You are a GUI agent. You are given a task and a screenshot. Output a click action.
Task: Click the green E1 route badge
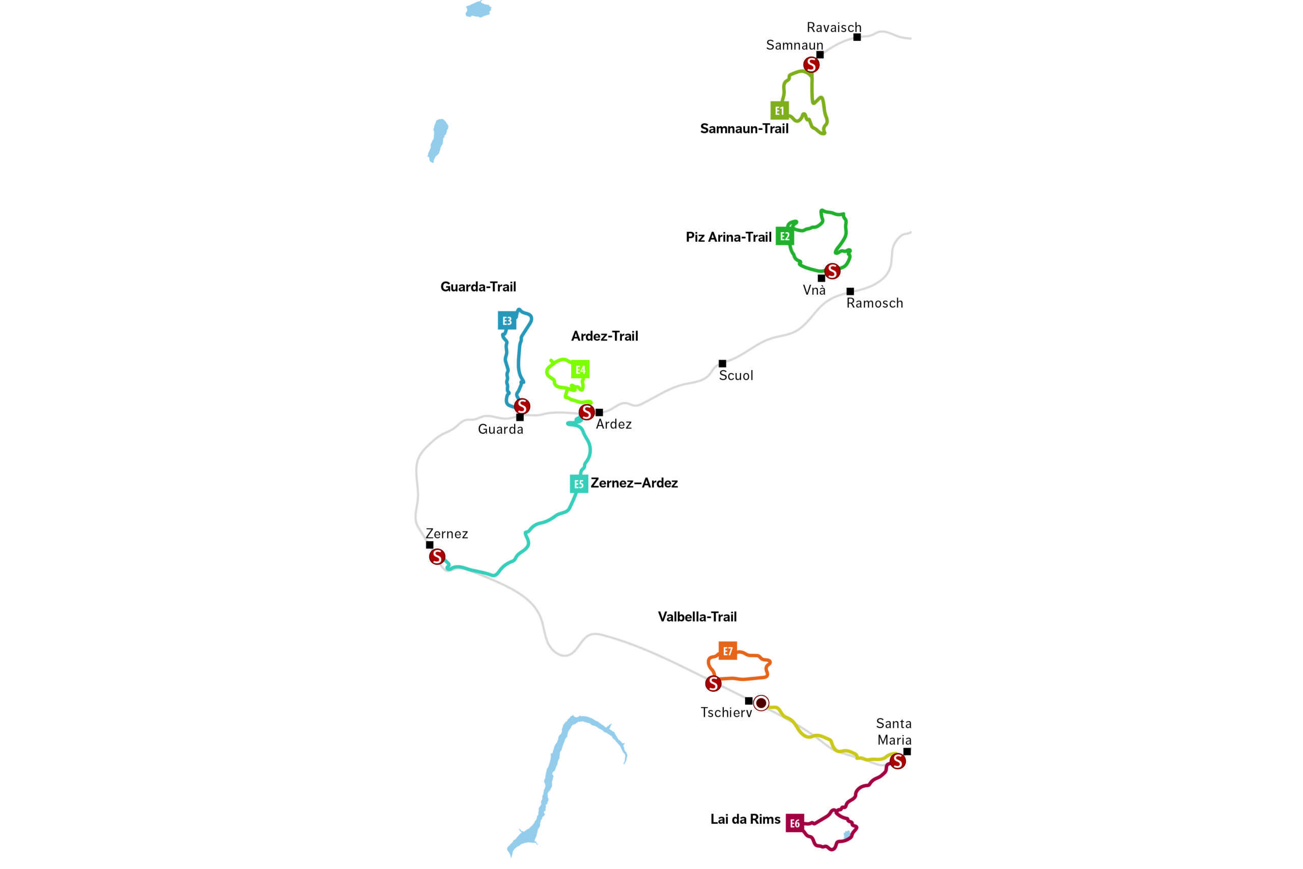779,111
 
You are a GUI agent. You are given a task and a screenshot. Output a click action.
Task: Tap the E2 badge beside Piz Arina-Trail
784,237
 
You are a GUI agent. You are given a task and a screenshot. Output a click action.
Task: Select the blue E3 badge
507,320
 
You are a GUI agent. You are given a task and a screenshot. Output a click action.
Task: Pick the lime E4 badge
580,370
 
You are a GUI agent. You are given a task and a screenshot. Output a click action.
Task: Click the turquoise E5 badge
579,484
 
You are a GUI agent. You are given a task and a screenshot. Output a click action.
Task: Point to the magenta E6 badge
795,824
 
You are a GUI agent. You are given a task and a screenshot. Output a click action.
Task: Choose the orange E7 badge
727,651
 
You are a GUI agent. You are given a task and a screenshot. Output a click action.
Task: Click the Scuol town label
735,376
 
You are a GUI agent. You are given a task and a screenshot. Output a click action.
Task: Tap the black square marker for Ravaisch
857,37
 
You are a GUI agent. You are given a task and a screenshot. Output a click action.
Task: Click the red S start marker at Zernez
437,556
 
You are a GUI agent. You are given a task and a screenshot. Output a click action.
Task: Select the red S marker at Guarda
522,406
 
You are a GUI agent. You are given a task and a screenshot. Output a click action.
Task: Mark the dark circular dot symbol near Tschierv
761,703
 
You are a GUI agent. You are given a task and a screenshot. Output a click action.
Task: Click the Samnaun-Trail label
744,129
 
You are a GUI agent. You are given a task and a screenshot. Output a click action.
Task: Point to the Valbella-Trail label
697,617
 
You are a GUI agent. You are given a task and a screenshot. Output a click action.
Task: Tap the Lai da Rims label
745,819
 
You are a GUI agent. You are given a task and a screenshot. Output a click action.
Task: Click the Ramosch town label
874,303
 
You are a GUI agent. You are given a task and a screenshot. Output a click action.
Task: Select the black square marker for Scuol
722,363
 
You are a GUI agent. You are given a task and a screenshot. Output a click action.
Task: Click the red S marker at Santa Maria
897,762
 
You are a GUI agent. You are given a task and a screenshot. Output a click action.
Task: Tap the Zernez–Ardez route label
634,483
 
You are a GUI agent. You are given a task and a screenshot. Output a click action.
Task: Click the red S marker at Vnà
832,271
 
